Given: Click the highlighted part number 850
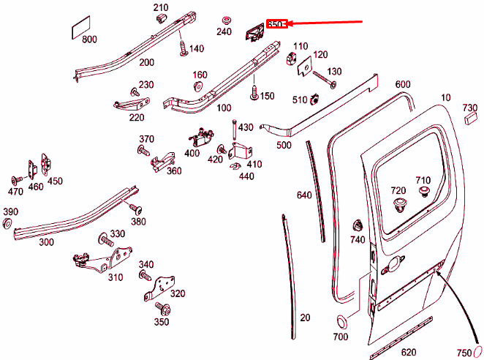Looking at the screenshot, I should [276, 24].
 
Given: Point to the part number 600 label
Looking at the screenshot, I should [403, 84].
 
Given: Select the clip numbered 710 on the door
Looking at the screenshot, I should [424, 193].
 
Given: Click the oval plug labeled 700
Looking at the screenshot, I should [341, 322].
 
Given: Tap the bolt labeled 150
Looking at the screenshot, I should [254, 92].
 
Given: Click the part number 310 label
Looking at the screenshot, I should [115, 277].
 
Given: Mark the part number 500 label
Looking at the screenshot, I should [284, 145].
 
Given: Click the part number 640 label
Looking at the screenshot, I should [304, 195].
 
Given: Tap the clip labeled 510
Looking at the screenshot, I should [316, 97].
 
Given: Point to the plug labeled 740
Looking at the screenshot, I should [358, 225].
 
